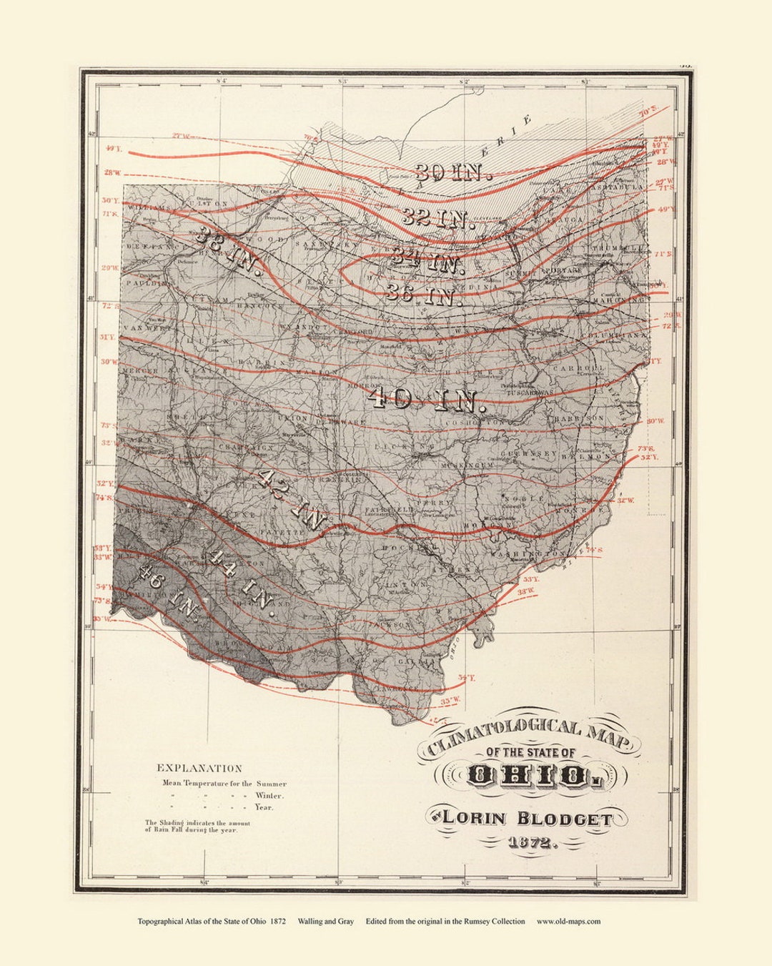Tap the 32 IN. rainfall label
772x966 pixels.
click(437, 217)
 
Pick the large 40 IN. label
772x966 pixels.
click(427, 399)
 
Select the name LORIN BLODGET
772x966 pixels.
click(526, 818)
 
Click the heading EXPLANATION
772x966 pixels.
click(199, 768)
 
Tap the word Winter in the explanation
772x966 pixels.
click(269, 795)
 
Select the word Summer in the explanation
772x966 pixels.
click(270, 783)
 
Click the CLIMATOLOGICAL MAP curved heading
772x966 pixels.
click(529, 736)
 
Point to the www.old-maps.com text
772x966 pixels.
click(568, 922)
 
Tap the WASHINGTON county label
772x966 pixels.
click(528, 554)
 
